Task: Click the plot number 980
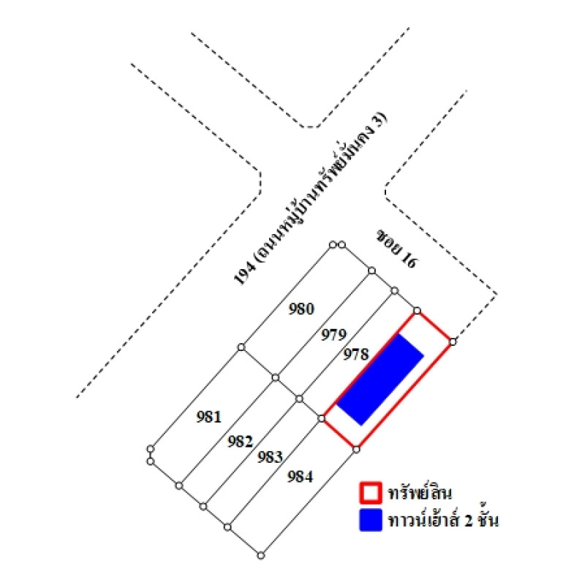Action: click(x=301, y=309)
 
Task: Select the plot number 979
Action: click(x=334, y=335)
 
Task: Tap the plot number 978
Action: click(x=356, y=354)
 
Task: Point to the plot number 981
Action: click(x=209, y=417)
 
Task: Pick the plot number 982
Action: click(x=241, y=442)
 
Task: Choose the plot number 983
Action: click(x=270, y=457)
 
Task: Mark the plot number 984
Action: click(x=301, y=477)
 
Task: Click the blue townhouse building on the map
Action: click(x=380, y=380)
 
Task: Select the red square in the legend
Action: click(x=371, y=492)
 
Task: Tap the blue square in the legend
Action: click(x=371, y=520)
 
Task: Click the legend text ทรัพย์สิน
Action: click(x=420, y=492)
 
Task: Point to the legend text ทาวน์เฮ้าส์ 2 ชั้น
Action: click(x=443, y=519)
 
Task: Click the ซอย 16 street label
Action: click(x=396, y=249)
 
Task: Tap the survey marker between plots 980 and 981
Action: click(x=241, y=347)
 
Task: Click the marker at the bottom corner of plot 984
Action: click(x=261, y=556)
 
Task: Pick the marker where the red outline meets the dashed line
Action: click(x=453, y=341)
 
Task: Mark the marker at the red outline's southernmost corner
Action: click(x=356, y=450)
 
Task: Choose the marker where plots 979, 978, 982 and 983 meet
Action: click(x=299, y=399)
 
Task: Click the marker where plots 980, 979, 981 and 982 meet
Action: click(x=276, y=377)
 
